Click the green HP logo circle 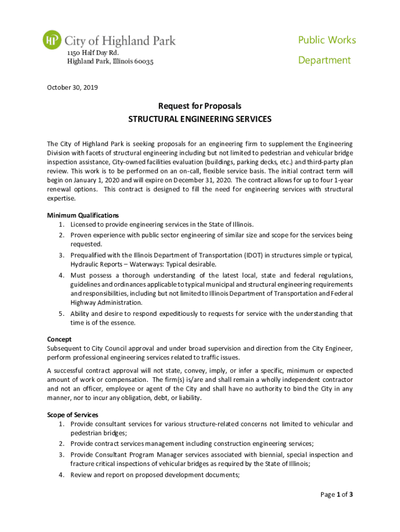(52, 40)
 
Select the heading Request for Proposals (199, 106)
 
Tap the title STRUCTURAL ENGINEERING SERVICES (199, 119)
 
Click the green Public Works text (327, 40)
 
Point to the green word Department (324, 60)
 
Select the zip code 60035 (143, 62)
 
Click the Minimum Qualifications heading (83, 215)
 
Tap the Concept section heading (59, 339)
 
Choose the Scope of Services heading (73, 415)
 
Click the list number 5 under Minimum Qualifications (61, 314)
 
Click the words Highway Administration (106, 302)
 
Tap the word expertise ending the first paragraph (61, 198)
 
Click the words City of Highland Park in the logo (119, 40)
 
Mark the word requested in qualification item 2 (86, 244)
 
